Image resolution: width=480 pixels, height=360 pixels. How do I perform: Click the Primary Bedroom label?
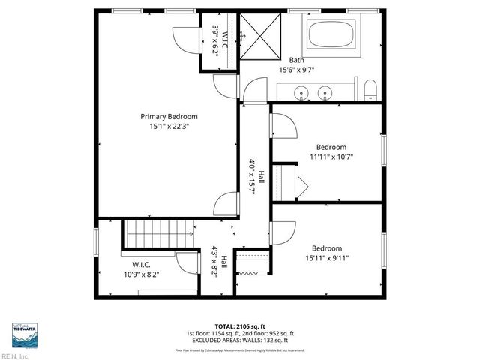tap(169, 116)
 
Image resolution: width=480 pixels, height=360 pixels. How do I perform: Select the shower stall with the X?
tap(259, 35)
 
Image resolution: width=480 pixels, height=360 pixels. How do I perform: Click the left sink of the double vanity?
tap(301, 94)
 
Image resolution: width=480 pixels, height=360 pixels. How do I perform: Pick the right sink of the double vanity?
tap(325, 94)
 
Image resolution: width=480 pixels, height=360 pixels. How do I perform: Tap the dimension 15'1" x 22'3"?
tap(169, 127)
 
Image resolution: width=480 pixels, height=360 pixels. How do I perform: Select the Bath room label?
tap(297, 60)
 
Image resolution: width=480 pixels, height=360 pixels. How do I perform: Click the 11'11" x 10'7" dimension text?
tap(331, 157)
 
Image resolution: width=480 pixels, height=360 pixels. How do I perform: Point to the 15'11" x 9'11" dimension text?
tap(327, 259)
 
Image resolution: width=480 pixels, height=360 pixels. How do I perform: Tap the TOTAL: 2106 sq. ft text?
tap(239, 326)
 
